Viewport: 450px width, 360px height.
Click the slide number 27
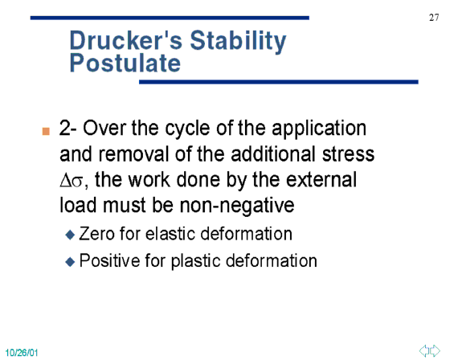click(x=434, y=18)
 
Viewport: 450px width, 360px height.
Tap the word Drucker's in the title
click(x=126, y=40)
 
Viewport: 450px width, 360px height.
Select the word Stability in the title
click(x=238, y=42)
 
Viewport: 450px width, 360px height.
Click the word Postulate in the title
click(x=125, y=63)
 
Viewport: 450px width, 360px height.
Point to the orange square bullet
click(x=46, y=131)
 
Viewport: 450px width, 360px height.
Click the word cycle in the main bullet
click(x=188, y=129)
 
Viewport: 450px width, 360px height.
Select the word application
click(x=319, y=129)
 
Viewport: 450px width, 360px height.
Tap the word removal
click(x=133, y=153)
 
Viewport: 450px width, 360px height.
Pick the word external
click(x=321, y=180)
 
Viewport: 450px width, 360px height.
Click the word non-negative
click(x=237, y=206)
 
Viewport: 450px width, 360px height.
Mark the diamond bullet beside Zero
click(x=70, y=235)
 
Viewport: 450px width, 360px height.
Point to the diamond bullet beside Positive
click(x=70, y=261)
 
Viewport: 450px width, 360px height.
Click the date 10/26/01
click(x=22, y=353)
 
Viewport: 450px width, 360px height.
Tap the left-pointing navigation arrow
click(x=424, y=350)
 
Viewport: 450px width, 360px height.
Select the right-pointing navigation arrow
click(x=435, y=350)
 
